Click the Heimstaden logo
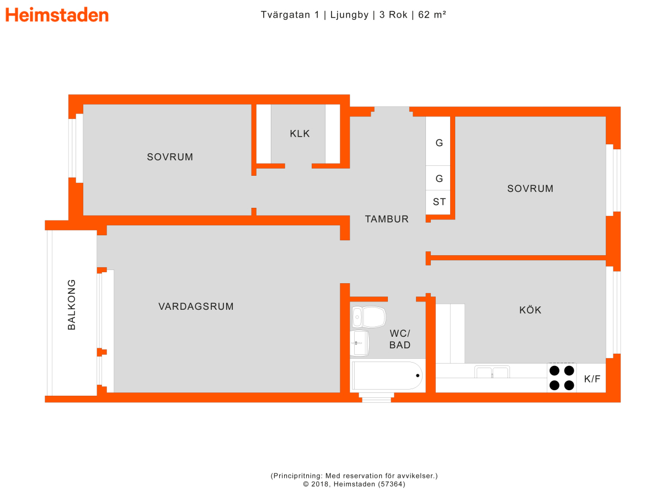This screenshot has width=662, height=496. coord(57,15)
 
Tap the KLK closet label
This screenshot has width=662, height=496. coord(300,133)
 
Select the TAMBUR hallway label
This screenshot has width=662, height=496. coord(386,219)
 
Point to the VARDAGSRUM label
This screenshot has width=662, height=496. coord(196,306)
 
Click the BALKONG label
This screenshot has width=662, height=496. coord(72,304)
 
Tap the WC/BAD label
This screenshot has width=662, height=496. coord(399,339)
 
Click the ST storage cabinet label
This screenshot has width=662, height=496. coord(439,202)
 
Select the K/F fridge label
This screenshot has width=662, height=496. coord(592,379)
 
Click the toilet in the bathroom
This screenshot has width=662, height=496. coord(369,317)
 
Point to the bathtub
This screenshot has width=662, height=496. coord(387,375)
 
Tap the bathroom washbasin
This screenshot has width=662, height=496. coord(360,343)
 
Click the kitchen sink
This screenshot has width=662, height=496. coord(492,372)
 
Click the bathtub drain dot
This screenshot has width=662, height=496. coord(418,375)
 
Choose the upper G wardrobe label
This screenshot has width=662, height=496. coord(439,143)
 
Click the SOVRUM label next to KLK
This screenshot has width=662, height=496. coord(170,157)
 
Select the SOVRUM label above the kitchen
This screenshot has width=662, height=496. coord(530,188)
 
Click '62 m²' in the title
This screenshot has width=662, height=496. coord(432,14)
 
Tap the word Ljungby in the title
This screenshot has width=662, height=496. coord(349,15)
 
